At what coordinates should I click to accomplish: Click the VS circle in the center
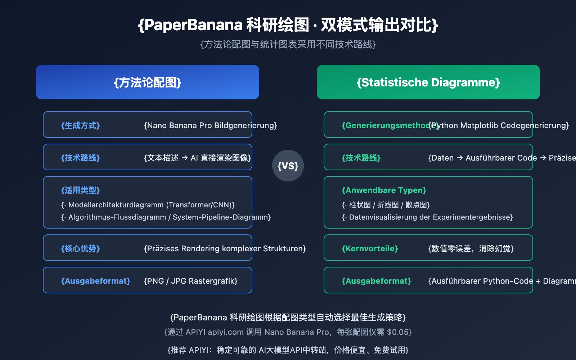[288, 166]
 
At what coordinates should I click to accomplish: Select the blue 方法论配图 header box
[148, 82]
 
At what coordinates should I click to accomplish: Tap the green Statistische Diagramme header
[428, 82]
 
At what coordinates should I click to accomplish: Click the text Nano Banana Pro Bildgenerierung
[210, 125]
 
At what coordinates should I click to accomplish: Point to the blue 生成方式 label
[80, 125]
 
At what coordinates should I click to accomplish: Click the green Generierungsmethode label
[385, 125]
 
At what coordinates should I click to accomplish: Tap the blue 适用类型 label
[80, 190]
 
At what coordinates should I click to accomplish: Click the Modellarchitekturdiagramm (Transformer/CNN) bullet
[148, 205]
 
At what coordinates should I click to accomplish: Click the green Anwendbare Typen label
[384, 190]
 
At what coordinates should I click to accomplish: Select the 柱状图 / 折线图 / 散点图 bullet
[386, 205]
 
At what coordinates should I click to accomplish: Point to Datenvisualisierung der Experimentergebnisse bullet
[428, 217]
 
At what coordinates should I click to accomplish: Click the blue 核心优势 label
[80, 248]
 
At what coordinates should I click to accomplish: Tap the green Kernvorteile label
[370, 248]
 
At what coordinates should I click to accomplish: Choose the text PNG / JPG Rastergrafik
[191, 281]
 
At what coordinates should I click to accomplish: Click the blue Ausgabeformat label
[95, 281]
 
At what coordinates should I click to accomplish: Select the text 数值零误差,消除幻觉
[471, 248]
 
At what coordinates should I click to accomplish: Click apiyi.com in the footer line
[226, 332]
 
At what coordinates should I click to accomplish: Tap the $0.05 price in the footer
[399, 332]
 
